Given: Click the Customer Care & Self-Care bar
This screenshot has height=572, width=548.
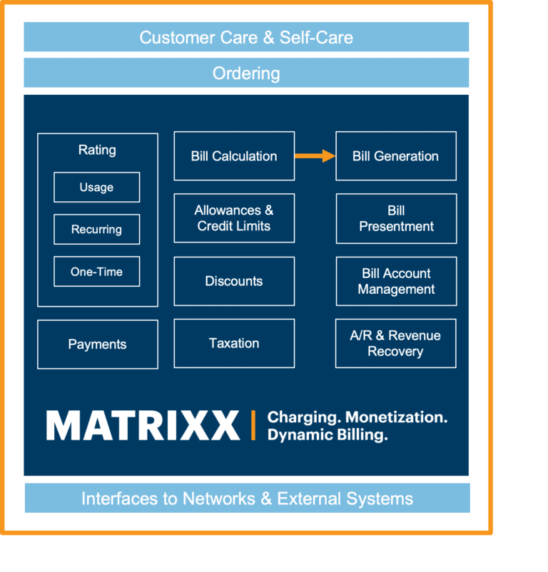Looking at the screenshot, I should tap(246, 37).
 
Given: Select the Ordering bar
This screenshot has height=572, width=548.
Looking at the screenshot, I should tap(246, 73).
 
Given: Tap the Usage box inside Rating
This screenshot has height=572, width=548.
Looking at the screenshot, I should tap(96, 188).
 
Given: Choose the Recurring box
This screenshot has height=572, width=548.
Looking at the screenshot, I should tap(96, 230).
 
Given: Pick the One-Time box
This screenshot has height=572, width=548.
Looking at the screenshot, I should tap(96, 272).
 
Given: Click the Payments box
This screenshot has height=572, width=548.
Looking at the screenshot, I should tap(97, 344).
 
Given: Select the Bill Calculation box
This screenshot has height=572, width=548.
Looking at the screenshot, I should tap(234, 156).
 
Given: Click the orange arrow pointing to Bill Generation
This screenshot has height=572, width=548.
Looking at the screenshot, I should tap(315, 156).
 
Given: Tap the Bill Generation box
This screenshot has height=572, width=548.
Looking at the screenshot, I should tap(395, 156).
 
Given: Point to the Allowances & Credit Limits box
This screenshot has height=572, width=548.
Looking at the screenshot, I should tap(234, 218).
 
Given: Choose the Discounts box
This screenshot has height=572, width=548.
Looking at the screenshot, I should tap(234, 281).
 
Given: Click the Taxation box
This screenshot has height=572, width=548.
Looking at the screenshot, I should tap(234, 343).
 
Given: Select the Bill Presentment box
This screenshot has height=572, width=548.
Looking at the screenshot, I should tap(395, 218).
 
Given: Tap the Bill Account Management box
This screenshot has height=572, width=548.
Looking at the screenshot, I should tap(395, 281).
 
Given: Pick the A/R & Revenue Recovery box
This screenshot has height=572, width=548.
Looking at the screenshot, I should tap(395, 343).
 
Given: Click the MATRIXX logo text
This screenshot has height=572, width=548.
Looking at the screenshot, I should tap(143, 426).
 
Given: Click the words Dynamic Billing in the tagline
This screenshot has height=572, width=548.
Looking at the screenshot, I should tap(328, 435).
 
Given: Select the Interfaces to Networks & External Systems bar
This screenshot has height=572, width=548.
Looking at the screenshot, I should tap(247, 498).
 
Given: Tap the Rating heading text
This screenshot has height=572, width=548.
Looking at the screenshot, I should tap(97, 150).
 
